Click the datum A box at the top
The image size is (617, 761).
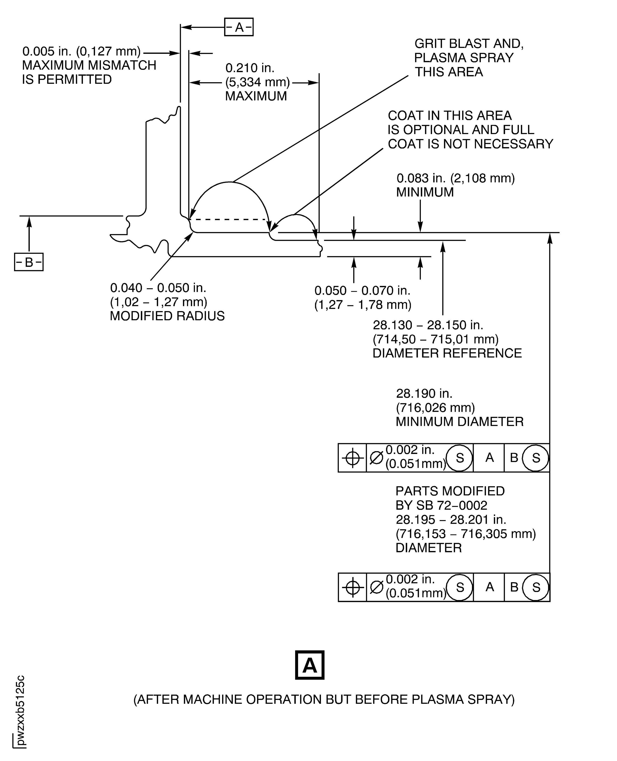tap(239, 27)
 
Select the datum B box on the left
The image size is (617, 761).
tap(29, 262)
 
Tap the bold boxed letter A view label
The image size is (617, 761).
tap(310, 665)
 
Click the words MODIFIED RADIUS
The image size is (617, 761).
tap(167, 316)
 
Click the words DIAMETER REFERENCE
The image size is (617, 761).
tap(447, 353)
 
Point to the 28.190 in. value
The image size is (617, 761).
tap(424, 394)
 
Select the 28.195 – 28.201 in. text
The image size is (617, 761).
tap(451, 520)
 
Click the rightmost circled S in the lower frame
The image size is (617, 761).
tap(536, 587)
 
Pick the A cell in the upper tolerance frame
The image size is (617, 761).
tap(489, 458)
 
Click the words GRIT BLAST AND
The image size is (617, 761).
tap(469, 44)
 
